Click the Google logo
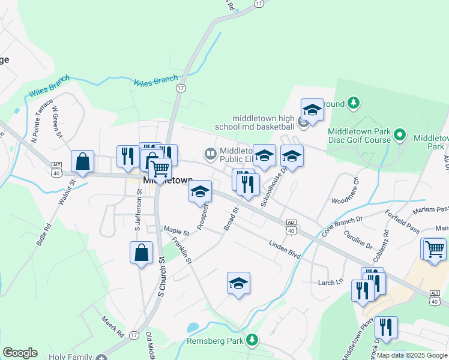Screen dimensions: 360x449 pos(20,353)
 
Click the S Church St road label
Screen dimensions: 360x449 pos(161,277)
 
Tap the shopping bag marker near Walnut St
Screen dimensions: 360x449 pos(82,161)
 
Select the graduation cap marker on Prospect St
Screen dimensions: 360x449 pos(200,192)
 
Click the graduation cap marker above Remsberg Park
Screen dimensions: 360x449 pos(238,283)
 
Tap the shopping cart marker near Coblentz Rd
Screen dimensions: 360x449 pos(435,248)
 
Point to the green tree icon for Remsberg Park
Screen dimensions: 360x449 pos(254,340)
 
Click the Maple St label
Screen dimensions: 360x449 pos(176,230)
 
